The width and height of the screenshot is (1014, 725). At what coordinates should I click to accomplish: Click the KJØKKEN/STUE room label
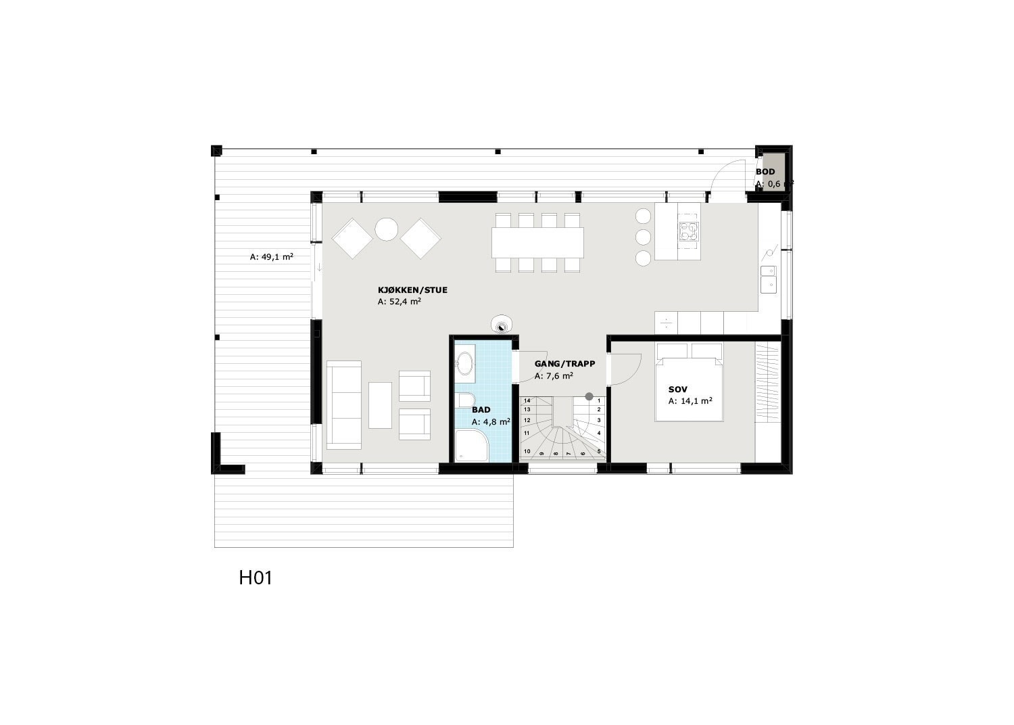click(412, 290)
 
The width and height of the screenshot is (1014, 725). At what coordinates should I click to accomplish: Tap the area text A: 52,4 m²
click(400, 302)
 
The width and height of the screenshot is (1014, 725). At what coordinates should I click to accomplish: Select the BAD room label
click(481, 410)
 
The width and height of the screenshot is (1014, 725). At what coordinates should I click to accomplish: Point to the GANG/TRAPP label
click(564, 364)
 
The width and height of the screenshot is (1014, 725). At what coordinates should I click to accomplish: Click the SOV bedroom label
click(677, 390)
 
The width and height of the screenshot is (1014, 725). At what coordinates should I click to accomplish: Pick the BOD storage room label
click(765, 172)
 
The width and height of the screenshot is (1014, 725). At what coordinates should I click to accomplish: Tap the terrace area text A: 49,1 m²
click(271, 256)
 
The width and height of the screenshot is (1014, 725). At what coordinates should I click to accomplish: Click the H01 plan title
click(256, 578)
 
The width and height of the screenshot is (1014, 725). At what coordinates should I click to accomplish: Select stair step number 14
click(527, 400)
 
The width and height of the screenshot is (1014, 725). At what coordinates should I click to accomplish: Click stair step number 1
click(599, 400)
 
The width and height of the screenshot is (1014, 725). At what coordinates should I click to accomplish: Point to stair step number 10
click(527, 451)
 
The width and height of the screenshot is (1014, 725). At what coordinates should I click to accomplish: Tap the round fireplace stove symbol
click(502, 325)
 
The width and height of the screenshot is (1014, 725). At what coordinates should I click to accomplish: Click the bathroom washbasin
click(465, 364)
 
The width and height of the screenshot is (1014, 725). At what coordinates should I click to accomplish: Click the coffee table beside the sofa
click(381, 404)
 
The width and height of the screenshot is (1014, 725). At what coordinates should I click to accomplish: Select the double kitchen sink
click(769, 279)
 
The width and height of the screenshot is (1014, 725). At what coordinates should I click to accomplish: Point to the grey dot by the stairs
click(589, 396)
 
